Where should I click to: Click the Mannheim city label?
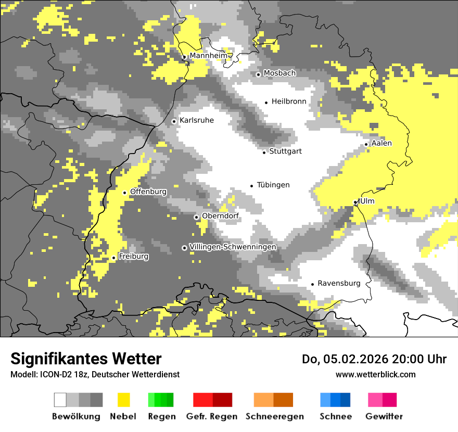(x=208, y=56)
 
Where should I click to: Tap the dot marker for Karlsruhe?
(x=174, y=121)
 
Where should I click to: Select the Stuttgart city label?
(x=285, y=151)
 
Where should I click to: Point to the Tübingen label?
(x=273, y=185)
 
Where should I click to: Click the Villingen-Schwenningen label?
(x=233, y=247)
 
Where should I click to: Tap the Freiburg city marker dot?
(x=113, y=258)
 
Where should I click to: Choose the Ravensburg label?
(x=339, y=284)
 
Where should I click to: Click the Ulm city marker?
(x=355, y=202)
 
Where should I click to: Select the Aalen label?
(x=381, y=144)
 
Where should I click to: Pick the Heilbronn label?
(x=289, y=102)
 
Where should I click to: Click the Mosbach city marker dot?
(x=258, y=74)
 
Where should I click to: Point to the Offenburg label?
(x=148, y=192)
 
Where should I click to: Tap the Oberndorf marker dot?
(x=196, y=217)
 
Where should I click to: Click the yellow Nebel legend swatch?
(x=123, y=400)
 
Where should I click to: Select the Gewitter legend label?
(x=384, y=416)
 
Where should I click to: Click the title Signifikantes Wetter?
(x=86, y=359)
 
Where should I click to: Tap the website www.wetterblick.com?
(x=375, y=374)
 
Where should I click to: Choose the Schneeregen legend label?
(x=274, y=416)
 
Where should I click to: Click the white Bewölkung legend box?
(x=60, y=400)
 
